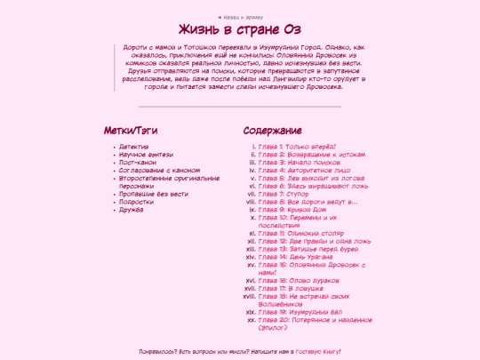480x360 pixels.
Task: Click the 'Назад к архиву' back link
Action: coord(240,17)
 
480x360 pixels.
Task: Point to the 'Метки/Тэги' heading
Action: coord(130,130)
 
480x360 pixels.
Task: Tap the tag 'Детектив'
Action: coord(133,146)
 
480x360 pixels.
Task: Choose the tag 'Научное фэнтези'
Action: coord(145,154)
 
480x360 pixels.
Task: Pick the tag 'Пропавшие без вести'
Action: coord(154,194)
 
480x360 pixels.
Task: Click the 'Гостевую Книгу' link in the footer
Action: coord(316,352)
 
